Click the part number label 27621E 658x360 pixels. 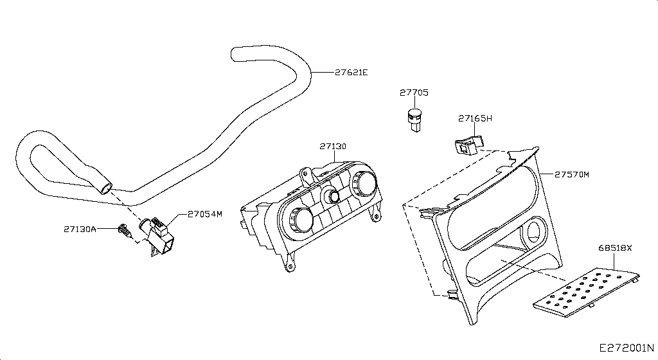pyautogui.click(x=351, y=72)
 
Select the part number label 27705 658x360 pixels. pyautogui.click(x=414, y=93)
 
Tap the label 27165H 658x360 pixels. pyautogui.click(x=475, y=118)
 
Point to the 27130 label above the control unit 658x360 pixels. pyautogui.click(x=333, y=147)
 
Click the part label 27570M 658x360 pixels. pyautogui.click(x=571, y=174)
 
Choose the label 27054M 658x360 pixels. pyautogui.click(x=205, y=214)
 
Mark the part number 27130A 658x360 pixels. pyautogui.click(x=80, y=229)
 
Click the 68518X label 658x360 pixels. pyautogui.click(x=615, y=248)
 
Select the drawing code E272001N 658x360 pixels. pyautogui.click(x=627, y=348)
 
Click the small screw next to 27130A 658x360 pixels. pyautogui.click(x=124, y=230)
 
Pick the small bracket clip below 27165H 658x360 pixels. pyautogui.click(x=468, y=145)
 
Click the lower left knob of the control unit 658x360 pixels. pyautogui.click(x=301, y=219)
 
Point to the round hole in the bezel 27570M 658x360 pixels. pyautogui.click(x=535, y=231)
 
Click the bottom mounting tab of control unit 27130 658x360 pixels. pyautogui.click(x=289, y=265)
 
